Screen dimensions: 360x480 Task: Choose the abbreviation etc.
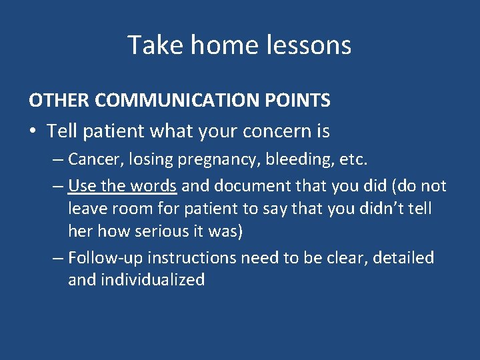pos(354,160)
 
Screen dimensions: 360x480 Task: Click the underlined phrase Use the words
pos(122,185)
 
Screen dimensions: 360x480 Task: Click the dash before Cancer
pos(57,160)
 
